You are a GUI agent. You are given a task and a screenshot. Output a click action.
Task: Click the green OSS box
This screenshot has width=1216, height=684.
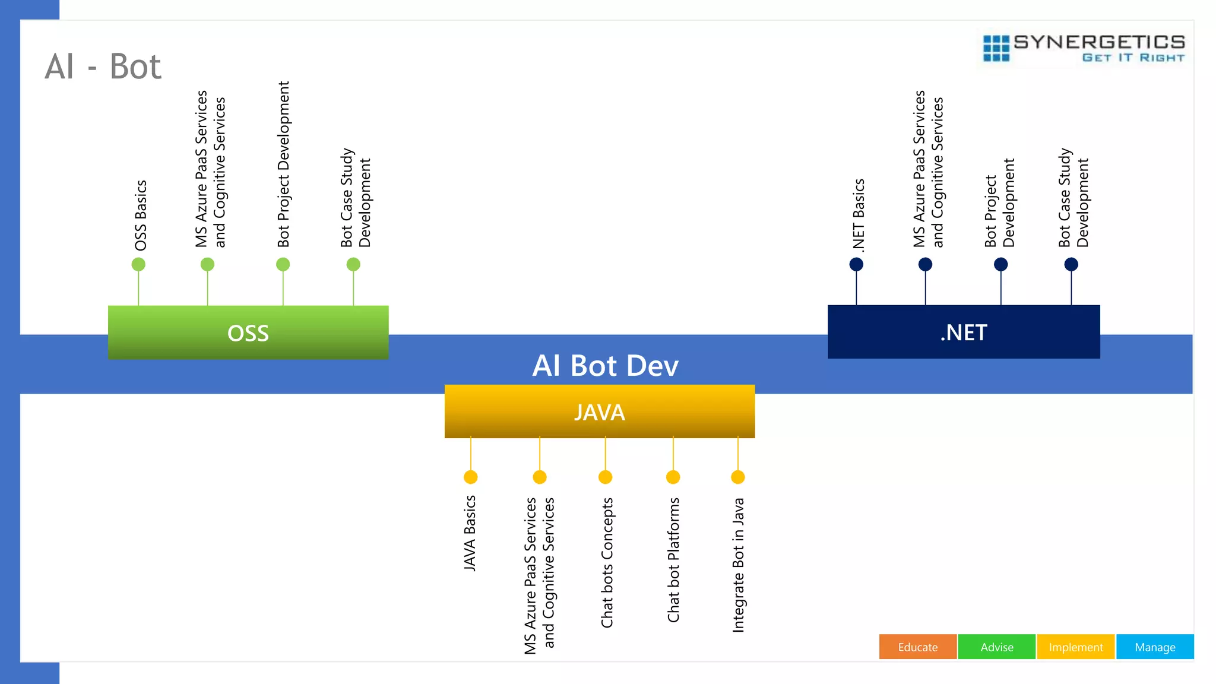(248, 332)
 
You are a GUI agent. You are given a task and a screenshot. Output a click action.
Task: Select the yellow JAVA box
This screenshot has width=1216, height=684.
(600, 411)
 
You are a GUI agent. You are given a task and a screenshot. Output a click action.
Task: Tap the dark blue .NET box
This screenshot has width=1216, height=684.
(964, 332)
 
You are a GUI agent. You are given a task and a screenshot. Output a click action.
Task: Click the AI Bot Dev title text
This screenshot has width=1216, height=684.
(605, 366)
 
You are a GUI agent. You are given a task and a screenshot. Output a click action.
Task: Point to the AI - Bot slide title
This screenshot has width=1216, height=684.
(103, 66)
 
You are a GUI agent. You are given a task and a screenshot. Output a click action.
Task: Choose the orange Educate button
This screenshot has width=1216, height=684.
(917, 647)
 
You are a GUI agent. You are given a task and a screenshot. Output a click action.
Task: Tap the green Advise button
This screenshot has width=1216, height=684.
(996, 647)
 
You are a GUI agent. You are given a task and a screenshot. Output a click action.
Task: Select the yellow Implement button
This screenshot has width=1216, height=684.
(1075, 647)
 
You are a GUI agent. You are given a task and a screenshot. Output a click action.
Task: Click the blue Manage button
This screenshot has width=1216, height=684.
(1155, 647)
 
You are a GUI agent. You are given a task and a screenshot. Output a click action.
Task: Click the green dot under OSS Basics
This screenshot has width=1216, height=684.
(138, 264)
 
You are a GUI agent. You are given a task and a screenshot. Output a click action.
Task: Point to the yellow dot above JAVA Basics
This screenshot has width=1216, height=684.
(471, 477)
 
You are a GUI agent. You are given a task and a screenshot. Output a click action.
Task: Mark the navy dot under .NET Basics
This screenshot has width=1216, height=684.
(856, 264)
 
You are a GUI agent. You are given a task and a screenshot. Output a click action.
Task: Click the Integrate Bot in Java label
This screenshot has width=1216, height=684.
(738, 565)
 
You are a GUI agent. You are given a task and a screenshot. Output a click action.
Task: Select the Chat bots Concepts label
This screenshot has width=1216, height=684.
(607, 562)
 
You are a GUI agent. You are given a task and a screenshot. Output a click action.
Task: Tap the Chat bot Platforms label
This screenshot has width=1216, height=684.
(673, 560)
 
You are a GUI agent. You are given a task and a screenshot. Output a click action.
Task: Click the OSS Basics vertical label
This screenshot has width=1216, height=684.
(141, 216)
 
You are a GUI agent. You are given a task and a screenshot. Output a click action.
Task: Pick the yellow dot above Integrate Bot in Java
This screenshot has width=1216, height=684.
(738, 477)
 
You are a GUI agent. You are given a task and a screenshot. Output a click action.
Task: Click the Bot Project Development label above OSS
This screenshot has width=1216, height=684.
(284, 164)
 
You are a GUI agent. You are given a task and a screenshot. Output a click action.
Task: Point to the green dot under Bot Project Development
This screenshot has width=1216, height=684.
(283, 264)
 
